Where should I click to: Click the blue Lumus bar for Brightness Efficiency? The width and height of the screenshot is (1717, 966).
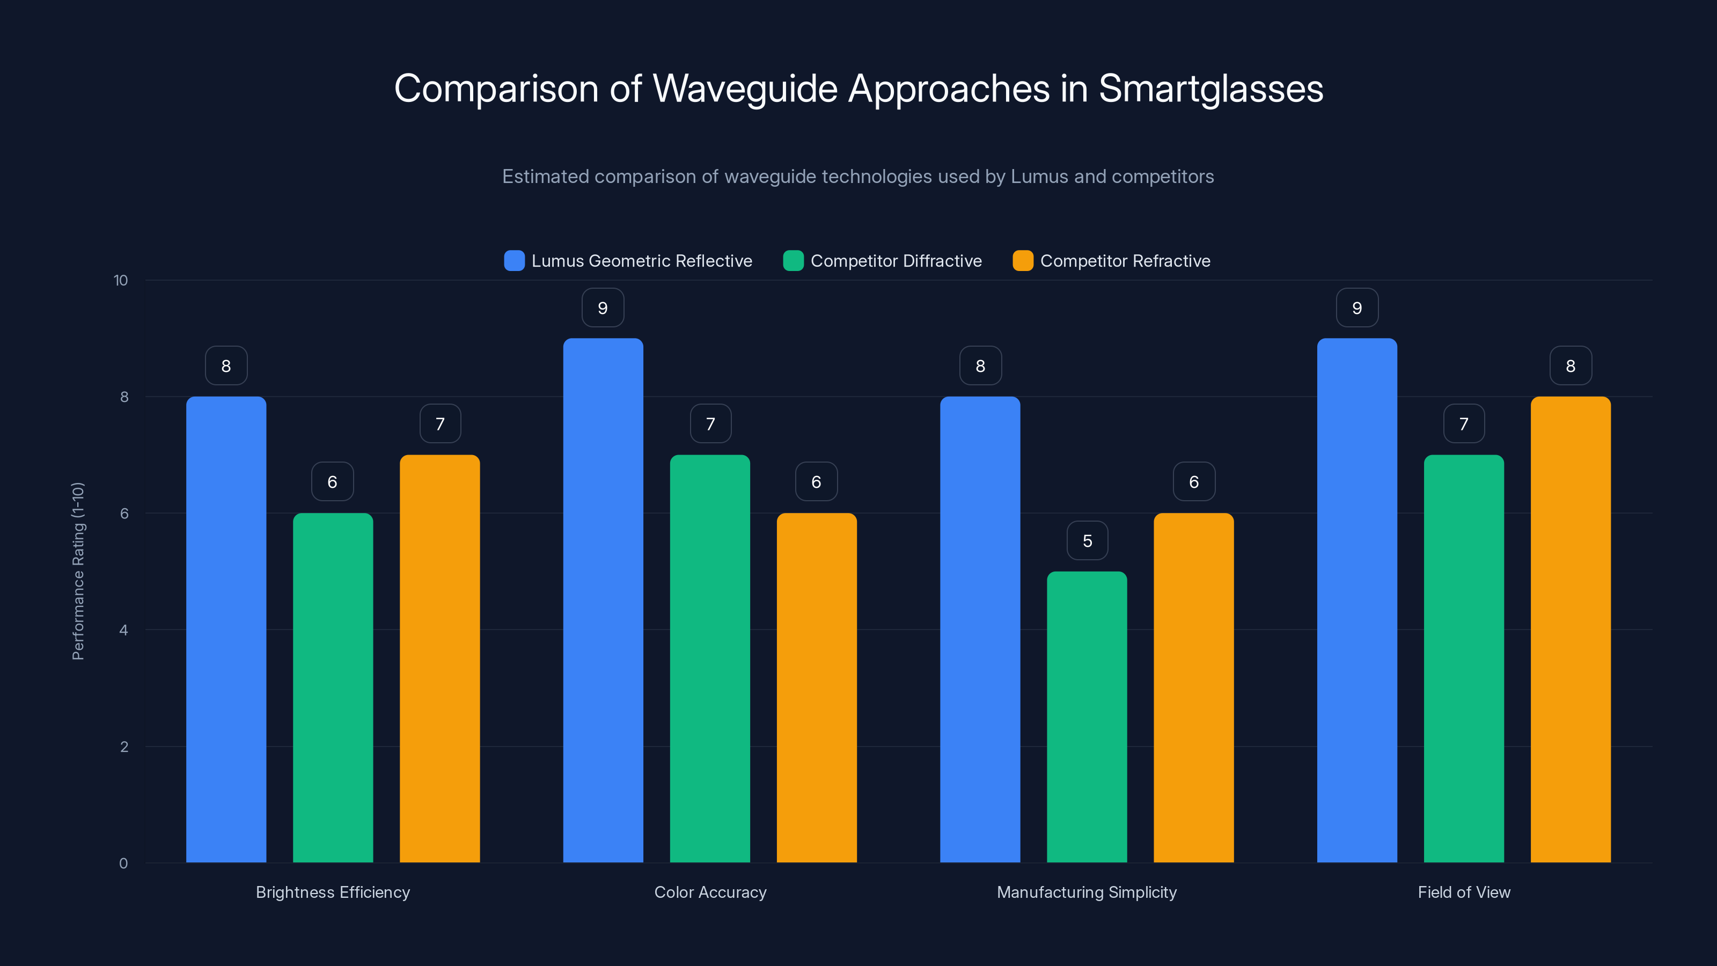point(226,630)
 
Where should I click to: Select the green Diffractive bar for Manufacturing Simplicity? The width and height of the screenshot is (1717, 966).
point(1087,716)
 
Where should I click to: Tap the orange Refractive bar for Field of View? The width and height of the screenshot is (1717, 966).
point(1571,630)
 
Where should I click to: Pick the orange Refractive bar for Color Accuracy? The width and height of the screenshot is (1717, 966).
point(817,687)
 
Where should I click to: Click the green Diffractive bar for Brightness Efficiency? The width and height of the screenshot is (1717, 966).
point(333,687)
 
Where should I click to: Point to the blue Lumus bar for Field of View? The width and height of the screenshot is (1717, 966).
point(1356,600)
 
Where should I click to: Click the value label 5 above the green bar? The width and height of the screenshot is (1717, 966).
point(1087,540)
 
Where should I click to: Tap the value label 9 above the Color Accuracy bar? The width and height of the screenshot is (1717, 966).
point(603,308)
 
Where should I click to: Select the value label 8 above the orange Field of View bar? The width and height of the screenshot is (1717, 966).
point(1571,366)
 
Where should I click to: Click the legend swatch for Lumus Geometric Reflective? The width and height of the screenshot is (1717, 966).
point(514,261)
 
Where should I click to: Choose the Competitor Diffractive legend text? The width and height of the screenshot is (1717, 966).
point(896,261)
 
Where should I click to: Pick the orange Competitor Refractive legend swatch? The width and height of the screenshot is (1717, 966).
point(1023,261)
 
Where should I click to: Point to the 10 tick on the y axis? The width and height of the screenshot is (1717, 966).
point(121,280)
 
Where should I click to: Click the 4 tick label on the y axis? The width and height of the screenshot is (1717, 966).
point(123,630)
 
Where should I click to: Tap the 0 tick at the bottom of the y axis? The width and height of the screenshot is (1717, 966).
point(123,863)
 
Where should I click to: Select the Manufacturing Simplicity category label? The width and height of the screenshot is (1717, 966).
point(1087,892)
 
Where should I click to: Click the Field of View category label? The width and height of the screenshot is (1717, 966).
point(1464,892)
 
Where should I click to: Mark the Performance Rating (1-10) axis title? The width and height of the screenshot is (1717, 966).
point(78,572)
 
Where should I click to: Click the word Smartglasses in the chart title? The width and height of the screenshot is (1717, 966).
point(1210,89)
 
